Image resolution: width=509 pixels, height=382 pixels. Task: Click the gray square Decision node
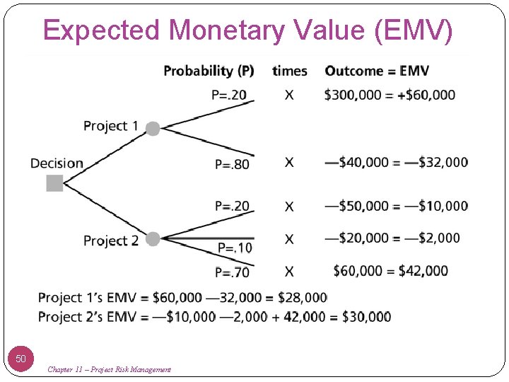pos(54,183)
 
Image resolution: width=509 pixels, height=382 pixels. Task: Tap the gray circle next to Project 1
pos(153,128)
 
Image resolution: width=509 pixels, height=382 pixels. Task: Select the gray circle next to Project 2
pos(153,240)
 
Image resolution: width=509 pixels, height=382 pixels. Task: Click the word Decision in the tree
pos(57,163)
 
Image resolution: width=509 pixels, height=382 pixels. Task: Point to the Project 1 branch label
pos(110,126)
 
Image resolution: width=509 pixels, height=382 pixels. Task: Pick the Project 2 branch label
pos(110,241)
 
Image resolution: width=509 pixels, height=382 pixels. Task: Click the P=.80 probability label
pos(232,164)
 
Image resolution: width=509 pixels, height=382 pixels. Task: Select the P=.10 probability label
pos(234,248)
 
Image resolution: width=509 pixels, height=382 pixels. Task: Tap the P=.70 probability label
pos(232,272)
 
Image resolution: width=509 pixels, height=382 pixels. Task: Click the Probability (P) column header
pos(209,71)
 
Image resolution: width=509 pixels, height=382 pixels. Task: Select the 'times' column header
pos(289,71)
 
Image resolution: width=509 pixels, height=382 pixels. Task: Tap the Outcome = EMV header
pos(377,71)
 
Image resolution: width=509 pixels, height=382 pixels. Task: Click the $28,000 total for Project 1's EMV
pos(302,297)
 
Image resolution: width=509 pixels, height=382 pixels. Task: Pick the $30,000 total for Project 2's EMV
pos(366,316)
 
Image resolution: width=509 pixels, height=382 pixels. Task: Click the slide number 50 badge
pos(21,359)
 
